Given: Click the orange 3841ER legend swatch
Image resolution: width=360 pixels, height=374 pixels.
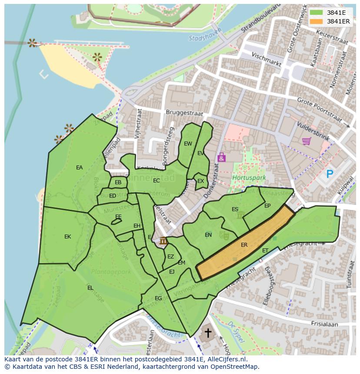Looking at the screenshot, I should [317, 21].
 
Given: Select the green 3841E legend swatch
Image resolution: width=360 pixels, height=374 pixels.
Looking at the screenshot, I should [317, 13].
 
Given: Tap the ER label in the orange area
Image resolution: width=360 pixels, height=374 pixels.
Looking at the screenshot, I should [244, 245].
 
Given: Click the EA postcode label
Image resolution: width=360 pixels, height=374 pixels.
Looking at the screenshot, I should [79, 168].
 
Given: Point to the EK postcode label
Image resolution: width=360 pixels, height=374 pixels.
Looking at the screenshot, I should [67, 237].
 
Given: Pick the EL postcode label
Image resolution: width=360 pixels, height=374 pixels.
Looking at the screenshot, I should [90, 288].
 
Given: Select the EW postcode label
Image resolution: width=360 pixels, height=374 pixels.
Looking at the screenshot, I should [188, 144].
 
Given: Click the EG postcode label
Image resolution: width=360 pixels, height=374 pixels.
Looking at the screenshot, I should [158, 298].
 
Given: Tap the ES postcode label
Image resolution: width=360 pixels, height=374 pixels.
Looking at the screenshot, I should [235, 209].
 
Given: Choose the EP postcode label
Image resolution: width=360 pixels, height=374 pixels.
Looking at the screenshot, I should [267, 206].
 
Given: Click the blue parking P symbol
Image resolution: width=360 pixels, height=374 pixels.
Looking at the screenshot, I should [330, 174].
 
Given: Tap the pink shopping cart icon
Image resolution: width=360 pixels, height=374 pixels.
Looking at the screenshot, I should [306, 141].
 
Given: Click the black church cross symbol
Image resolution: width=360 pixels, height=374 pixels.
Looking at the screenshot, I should [208, 333].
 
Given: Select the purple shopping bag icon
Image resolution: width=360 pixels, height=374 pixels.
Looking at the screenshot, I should [221, 157].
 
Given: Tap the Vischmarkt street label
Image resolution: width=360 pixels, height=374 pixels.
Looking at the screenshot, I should [267, 60].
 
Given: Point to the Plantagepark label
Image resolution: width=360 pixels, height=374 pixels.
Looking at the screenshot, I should [111, 272].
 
